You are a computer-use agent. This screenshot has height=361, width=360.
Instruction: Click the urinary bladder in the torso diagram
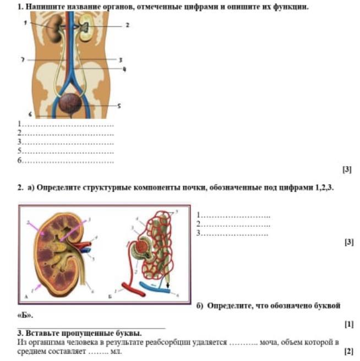coord(71,103)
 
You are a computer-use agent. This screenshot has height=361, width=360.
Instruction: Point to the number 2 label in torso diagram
coord(127,25)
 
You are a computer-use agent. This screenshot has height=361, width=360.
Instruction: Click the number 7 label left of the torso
coord(23,59)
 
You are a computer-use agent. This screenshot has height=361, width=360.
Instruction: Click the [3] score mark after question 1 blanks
coord(347,170)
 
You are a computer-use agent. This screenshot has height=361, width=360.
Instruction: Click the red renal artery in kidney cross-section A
coord(86,244)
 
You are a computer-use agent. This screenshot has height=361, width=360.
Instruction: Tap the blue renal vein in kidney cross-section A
coord(86,250)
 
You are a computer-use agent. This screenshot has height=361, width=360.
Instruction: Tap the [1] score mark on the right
coord(348,325)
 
